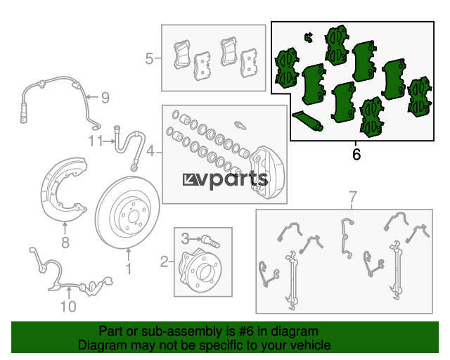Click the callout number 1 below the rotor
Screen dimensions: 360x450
129,269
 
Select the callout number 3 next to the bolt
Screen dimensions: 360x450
186,238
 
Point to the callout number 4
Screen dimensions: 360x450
150,150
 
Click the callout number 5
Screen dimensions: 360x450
149,59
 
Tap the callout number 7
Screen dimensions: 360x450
353,197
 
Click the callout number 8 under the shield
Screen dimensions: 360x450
65,244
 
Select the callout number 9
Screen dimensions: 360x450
105,98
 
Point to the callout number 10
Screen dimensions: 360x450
67,307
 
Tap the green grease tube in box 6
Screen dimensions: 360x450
307,120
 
